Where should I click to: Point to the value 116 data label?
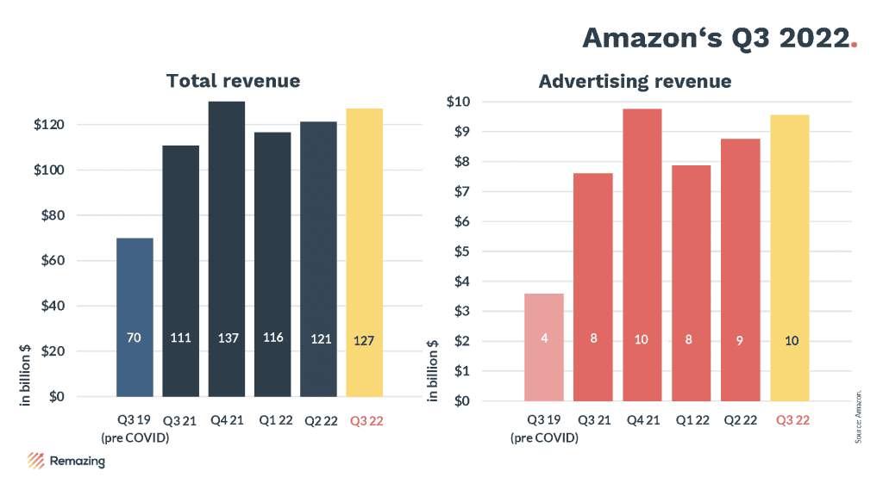click(x=273, y=338)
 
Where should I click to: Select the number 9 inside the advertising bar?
click(x=741, y=340)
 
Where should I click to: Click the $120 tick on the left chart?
click(x=50, y=125)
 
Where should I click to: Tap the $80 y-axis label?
click(x=53, y=215)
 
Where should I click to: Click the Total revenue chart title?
click(x=233, y=81)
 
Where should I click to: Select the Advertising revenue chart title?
click(x=635, y=82)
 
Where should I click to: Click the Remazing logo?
click(x=66, y=461)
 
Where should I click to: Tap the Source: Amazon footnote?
click(x=859, y=417)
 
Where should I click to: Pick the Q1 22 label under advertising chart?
click(x=691, y=421)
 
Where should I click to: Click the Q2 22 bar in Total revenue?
click(x=318, y=258)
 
